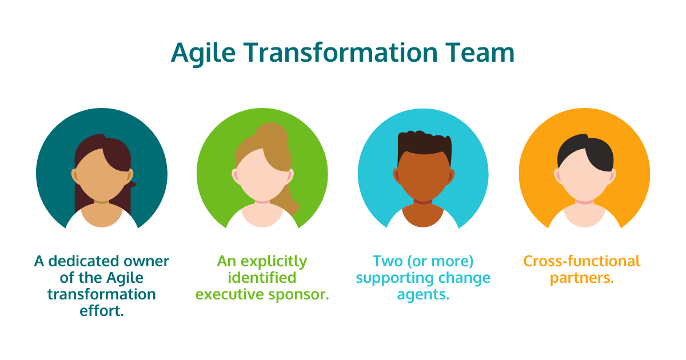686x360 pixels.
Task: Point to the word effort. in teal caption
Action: (102, 311)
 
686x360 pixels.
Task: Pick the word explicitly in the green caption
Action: (272, 262)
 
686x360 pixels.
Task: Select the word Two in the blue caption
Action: (386, 262)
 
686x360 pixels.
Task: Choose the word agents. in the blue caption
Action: (424, 295)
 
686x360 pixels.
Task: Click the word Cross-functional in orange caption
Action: (582, 262)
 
